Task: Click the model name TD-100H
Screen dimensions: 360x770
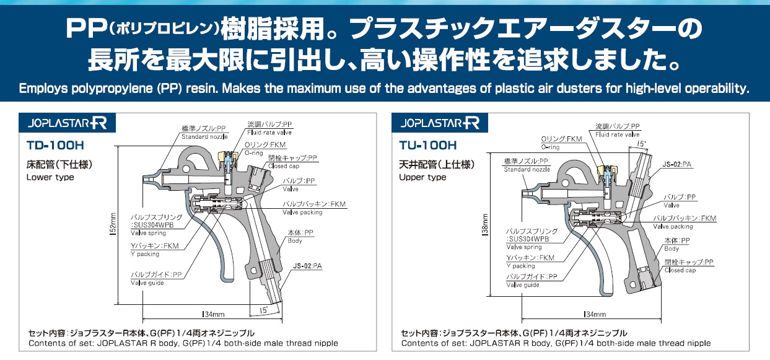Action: point(55,147)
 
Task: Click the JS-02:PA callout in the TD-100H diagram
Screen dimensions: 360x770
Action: point(308,266)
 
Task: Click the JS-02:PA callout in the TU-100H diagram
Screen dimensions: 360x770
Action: point(677,164)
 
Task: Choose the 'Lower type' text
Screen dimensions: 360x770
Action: point(50,177)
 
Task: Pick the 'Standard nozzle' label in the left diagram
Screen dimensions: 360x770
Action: point(204,136)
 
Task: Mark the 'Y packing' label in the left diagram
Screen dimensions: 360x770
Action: point(145,254)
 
